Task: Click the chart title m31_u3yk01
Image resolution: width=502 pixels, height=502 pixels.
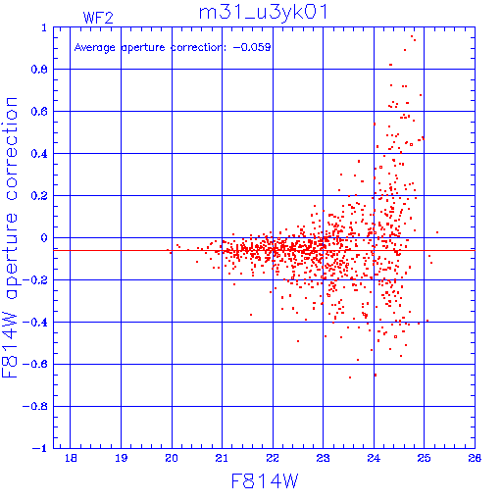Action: pos(263,13)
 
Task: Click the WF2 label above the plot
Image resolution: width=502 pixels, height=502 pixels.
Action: pos(98,18)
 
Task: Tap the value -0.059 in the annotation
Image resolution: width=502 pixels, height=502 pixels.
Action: pos(252,47)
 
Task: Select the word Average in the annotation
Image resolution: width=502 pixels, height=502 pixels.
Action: pos(95,48)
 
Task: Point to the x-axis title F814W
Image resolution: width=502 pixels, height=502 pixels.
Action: pos(265,481)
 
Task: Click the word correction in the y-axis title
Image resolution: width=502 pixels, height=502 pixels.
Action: pos(11,149)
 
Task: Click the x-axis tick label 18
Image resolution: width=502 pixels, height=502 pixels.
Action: pos(71,458)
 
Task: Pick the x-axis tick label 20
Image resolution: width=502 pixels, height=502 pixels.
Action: pos(172,458)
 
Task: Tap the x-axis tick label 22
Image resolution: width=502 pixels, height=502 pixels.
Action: pos(273,458)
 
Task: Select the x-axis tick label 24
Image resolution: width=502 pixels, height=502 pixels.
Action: pos(374,458)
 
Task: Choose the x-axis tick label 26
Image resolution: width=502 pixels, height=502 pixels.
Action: pos(475,458)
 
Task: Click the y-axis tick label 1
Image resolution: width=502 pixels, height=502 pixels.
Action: pos(44,27)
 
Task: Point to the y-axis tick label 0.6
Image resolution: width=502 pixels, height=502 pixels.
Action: pos(39,112)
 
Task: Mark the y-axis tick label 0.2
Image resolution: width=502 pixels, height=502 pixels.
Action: pos(39,196)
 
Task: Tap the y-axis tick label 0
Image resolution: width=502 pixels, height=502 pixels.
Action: pos(44,238)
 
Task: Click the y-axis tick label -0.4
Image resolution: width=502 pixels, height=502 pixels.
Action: pos(35,323)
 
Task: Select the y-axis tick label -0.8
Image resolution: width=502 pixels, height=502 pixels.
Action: pos(35,407)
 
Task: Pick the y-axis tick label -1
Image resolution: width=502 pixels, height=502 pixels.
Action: pos(40,448)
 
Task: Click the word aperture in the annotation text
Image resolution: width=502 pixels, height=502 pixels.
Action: pos(143,48)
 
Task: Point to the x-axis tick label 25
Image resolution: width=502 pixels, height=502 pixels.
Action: pos(424,458)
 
